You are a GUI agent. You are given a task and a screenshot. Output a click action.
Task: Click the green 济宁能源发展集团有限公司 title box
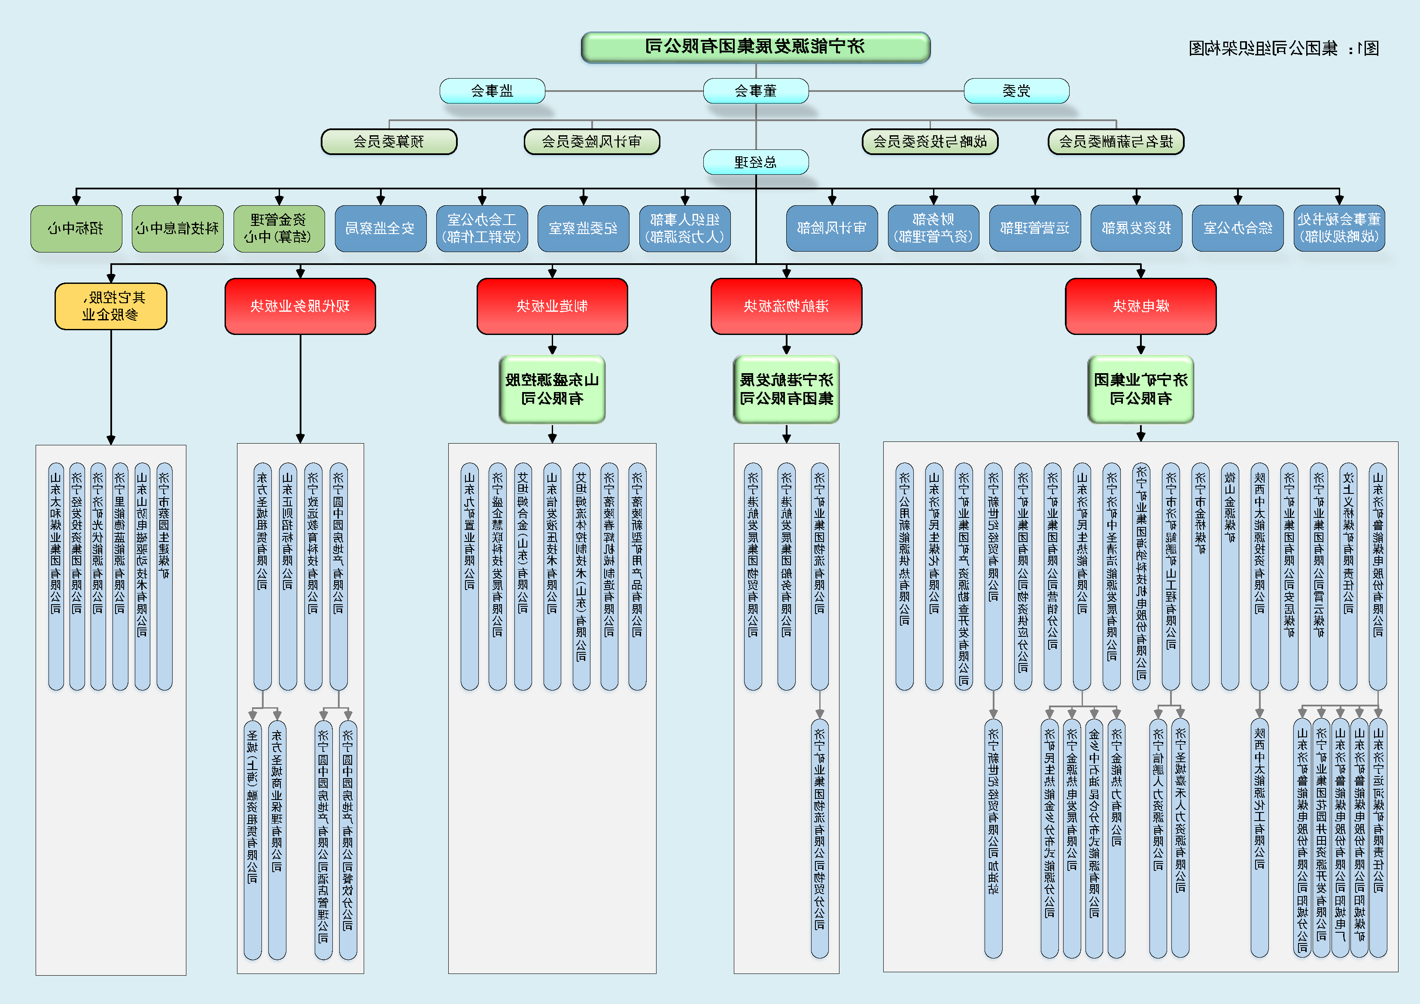pos(755,47)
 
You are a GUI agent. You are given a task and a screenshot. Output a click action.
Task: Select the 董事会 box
pos(755,91)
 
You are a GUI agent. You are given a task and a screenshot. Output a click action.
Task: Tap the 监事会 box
pos(493,91)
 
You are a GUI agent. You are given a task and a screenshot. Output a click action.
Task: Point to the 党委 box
pos(1016,91)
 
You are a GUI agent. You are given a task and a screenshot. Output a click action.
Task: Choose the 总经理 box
pos(755,162)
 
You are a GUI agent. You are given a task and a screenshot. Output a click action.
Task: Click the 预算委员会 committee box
pos(389,142)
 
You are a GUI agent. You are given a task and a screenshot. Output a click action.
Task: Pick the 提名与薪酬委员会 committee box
pos(1116,142)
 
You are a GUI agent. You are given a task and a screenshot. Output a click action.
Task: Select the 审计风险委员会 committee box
pos(592,142)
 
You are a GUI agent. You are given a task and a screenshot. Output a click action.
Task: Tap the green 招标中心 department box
pos(76,228)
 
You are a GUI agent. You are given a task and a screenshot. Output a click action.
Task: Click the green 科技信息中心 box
pos(177,228)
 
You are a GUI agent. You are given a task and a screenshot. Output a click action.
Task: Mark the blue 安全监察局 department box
pos(380,228)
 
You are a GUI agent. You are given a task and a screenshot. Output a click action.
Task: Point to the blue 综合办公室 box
pos(1238,228)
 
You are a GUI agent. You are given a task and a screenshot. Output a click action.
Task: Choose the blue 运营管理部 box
pos(1035,228)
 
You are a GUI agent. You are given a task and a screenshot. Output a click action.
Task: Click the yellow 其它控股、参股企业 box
pos(111,306)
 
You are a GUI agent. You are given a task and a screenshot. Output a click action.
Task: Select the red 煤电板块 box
pos(1140,306)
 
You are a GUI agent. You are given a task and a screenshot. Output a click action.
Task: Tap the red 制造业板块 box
pos(552,306)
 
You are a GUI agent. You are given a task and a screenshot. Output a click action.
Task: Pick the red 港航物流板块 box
pos(786,306)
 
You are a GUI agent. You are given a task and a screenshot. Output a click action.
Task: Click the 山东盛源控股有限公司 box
pos(552,389)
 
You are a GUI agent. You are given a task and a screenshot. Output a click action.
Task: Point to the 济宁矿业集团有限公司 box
pos(1140,389)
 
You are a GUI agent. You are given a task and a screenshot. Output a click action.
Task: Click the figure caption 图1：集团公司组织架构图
pos(1283,48)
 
